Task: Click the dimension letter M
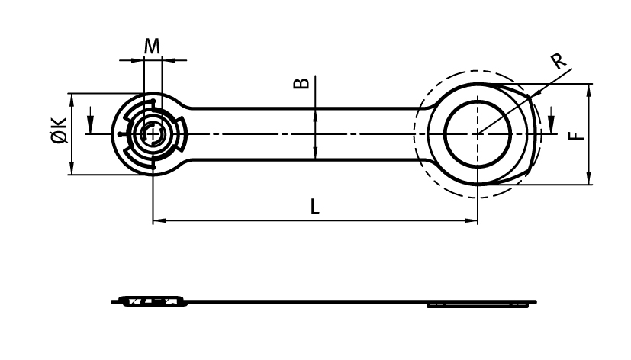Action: click(153, 47)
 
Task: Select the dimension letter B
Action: click(302, 82)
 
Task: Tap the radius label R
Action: click(560, 61)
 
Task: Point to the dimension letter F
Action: click(578, 134)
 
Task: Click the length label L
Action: click(315, 206)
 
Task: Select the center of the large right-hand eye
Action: click(478, 134)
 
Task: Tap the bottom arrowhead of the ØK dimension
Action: click(72, 171)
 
